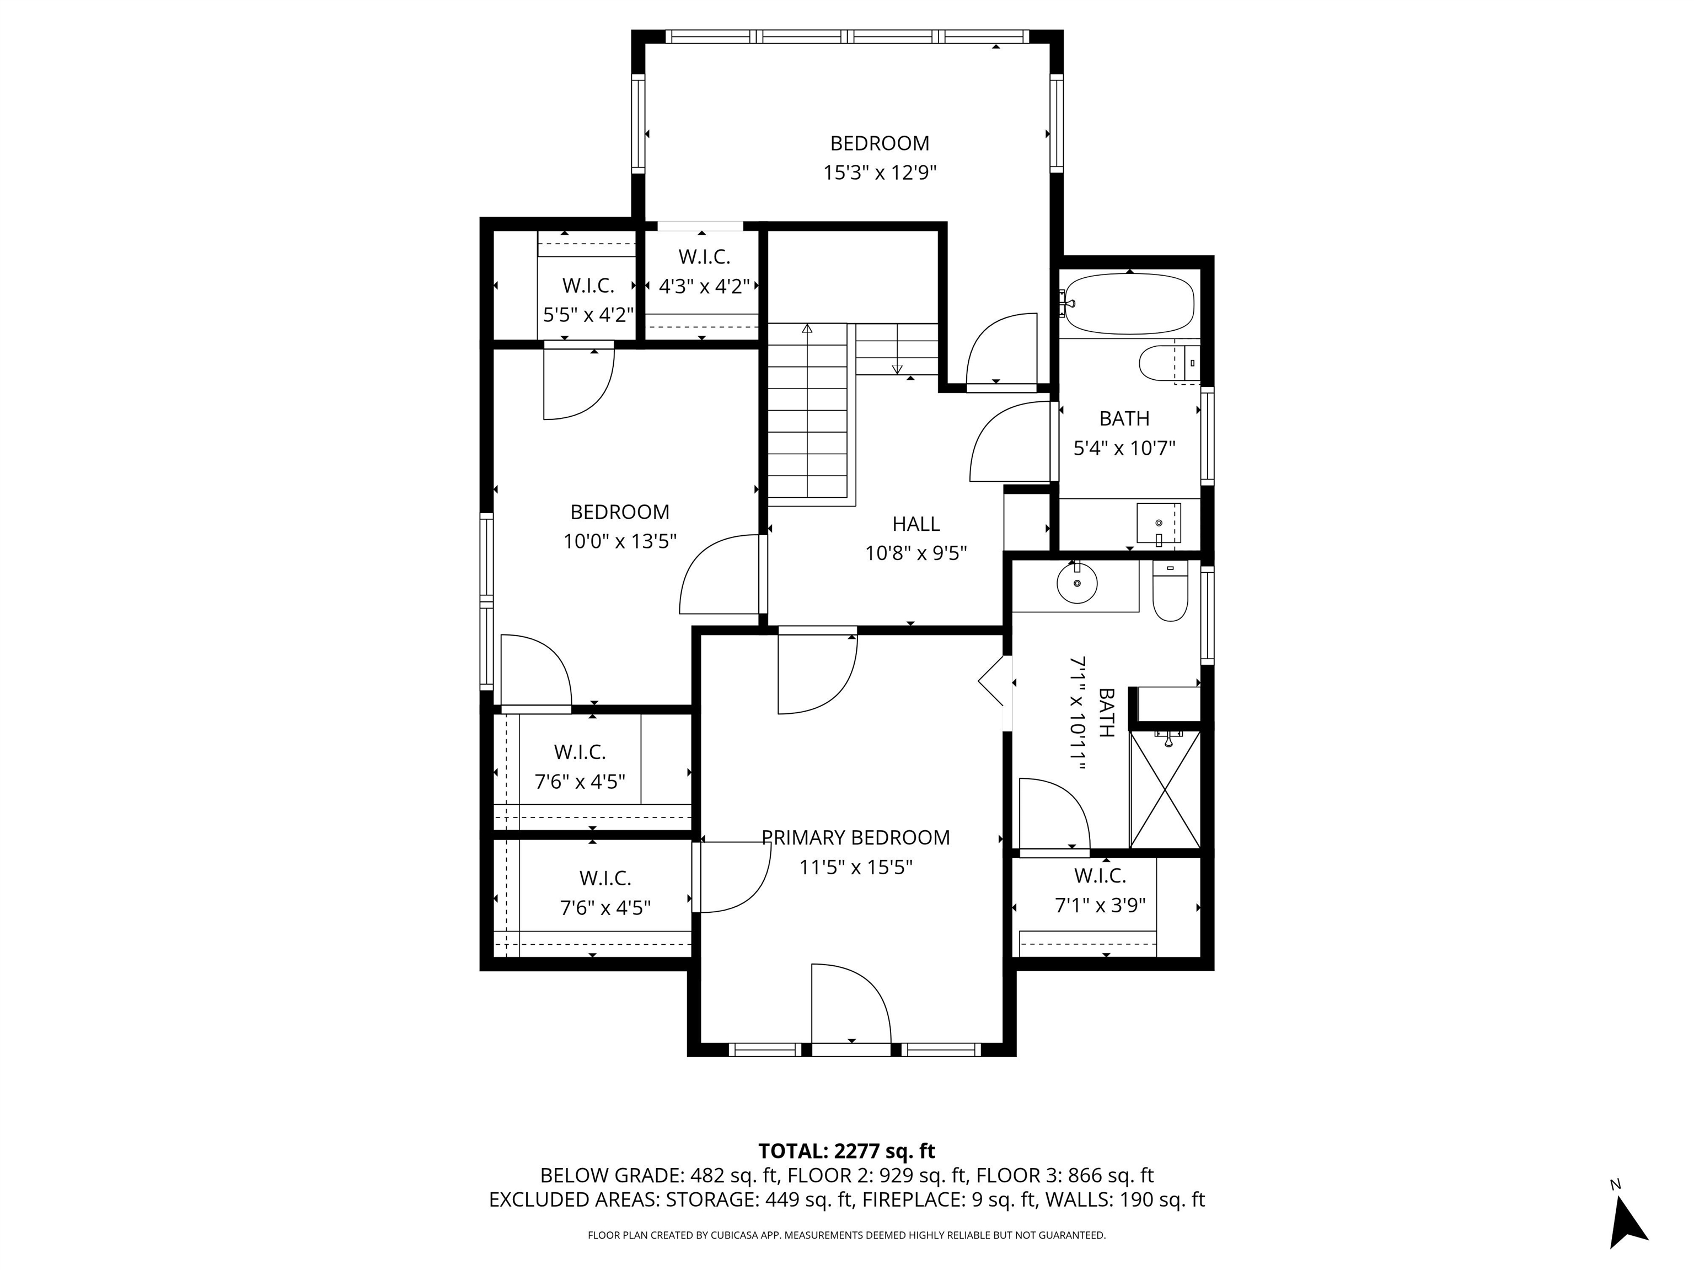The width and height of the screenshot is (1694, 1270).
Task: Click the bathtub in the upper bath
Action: (x=1129, y=304)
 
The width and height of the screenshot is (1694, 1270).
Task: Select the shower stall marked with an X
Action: (x=1165, y=789)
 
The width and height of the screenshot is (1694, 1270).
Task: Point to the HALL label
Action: (x=916, y=524)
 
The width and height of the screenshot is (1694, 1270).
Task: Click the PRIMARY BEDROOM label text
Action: (x=855, y=837)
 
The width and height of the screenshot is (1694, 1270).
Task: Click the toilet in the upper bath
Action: (x=1168, y=363)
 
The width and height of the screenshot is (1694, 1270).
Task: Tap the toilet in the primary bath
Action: (x=1170, y=590)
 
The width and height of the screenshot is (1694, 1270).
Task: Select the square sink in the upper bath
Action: (x=1159, y=524)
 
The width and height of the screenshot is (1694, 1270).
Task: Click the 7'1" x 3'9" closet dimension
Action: (x=1101, y=906)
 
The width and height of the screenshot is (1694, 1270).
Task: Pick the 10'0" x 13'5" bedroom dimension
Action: (x=620, y=542)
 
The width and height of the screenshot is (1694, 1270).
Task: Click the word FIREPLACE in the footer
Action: (x=912, y=1199)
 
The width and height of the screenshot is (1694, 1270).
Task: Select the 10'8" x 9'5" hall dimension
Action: (x=916, y=553)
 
